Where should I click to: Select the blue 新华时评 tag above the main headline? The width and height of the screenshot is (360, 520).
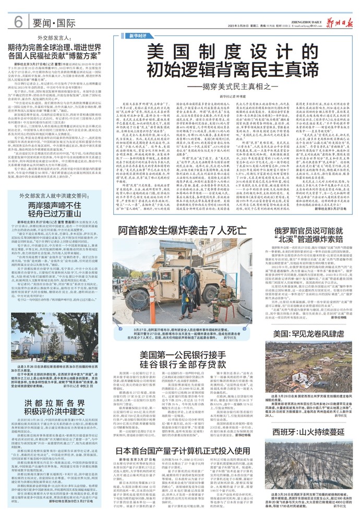point(135,35)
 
